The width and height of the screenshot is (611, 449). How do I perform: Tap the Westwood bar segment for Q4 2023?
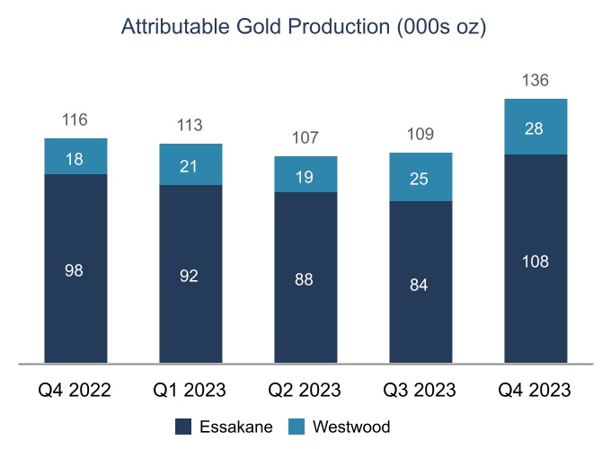(x=536, y=127)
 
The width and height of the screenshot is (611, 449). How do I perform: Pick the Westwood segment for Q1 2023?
(x=190, y=164)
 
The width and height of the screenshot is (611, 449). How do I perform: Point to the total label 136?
(x=536, y=81)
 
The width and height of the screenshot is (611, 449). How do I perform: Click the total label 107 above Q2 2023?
(x=305, y=138)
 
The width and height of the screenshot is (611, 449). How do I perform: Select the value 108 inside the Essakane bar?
(x=536, y=262)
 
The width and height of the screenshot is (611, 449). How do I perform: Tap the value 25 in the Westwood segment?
(x=421, y=178)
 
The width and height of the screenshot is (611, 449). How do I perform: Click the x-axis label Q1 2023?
(x=190, y=391)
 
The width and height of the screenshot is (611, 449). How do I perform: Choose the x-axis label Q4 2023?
(x=536, y=391)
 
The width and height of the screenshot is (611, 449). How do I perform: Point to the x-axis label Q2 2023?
(x=305, y=391)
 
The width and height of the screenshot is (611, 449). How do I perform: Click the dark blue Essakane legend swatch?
(x=184, y=427)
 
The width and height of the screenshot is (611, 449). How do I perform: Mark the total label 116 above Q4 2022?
(x=75, y=119)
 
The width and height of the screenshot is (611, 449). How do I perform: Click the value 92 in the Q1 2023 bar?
(x=190, y=277)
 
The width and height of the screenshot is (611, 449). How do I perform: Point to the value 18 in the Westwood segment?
(x=75, y=157)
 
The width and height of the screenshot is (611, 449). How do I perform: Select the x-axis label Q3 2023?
(x=421, y=391)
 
